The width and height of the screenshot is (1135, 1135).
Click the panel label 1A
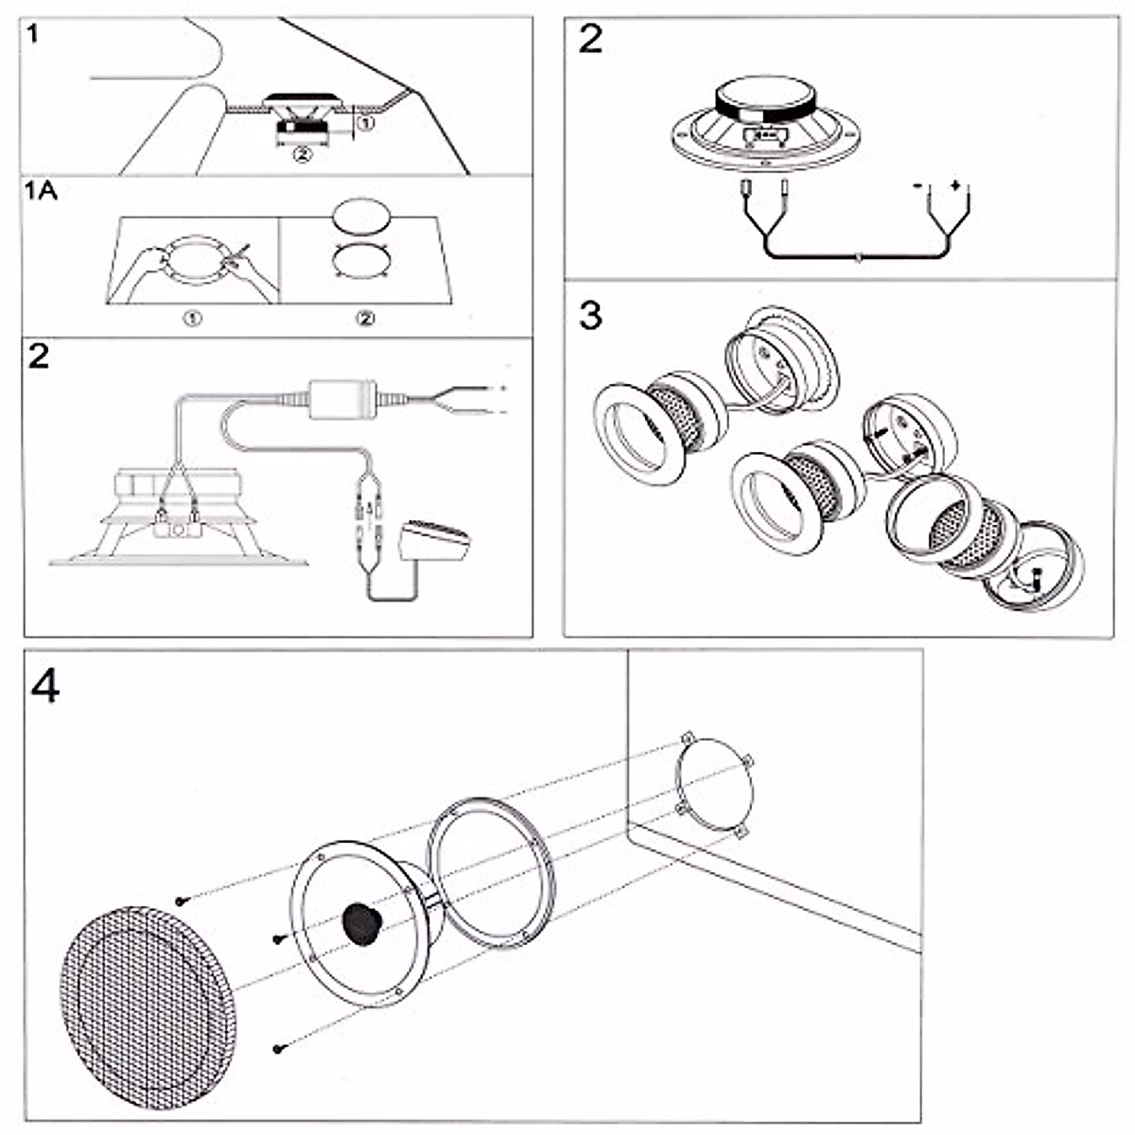pyautogui.click(x=42, y=191)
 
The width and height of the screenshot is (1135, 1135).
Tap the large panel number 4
pyautogui.click(x=45, y=686)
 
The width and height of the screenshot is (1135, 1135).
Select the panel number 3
pyautogui.click(x=591, y=315)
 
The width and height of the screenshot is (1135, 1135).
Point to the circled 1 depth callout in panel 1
pyautogui.click(x=366, y=124)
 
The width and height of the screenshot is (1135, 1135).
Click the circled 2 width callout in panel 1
pyautogui.click(x=302, y=155)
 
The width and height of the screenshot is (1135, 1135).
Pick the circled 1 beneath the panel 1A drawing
pyautogui.click(x=193, y=319)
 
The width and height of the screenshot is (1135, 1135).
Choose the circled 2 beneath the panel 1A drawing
pyautogui.click(x=365, y=319)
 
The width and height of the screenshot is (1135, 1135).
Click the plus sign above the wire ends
pyautogui.click(x=954, y=185)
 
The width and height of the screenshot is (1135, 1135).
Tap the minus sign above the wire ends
pyautogui.click(x=917, y=186)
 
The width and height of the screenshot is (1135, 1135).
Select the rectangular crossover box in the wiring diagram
pyautogui.click(x=343, y=400)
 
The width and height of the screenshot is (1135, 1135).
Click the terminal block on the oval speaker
pyautogui.click(x=764, y=135)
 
